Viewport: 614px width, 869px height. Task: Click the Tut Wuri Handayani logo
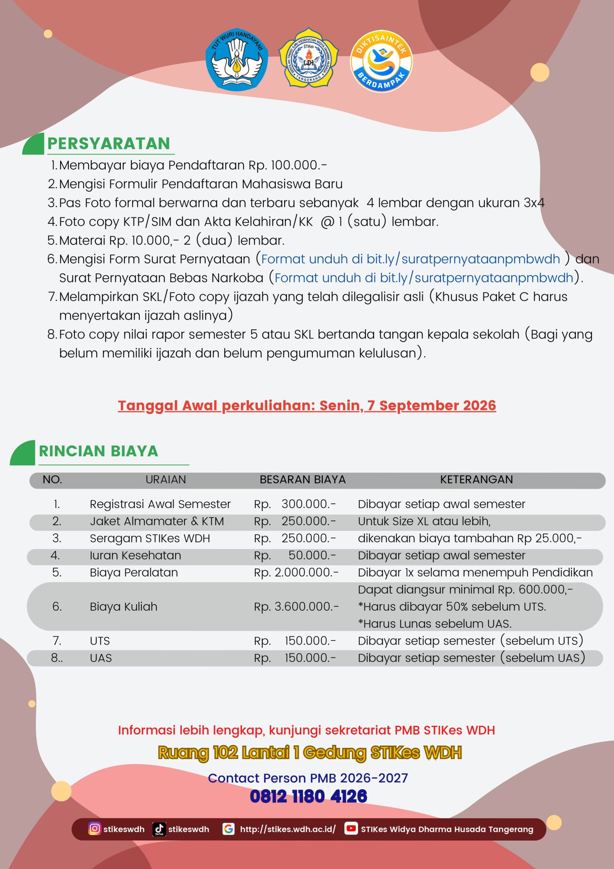(236, 59)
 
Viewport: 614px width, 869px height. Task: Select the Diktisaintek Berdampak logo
(381, 60)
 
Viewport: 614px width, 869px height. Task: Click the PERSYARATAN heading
(109, 144)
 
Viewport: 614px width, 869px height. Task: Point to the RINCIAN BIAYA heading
(98, 451)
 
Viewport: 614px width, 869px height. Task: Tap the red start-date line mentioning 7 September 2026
(307, 405)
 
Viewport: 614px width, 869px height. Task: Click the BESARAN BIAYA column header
(303, 480)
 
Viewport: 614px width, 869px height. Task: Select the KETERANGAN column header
(476, 480)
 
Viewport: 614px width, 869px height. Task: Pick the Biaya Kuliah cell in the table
(123, 607)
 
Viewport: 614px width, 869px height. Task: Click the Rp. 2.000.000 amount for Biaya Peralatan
(296, 573)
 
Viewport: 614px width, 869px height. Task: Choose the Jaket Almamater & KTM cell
(157, 521)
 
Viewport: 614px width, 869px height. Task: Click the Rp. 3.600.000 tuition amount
(296, 607)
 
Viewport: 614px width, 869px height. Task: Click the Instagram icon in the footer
(95, 829)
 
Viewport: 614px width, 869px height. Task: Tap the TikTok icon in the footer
(159, 829)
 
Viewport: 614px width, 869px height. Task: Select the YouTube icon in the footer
(351, 829)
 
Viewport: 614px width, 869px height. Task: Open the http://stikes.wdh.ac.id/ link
(288, 829)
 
